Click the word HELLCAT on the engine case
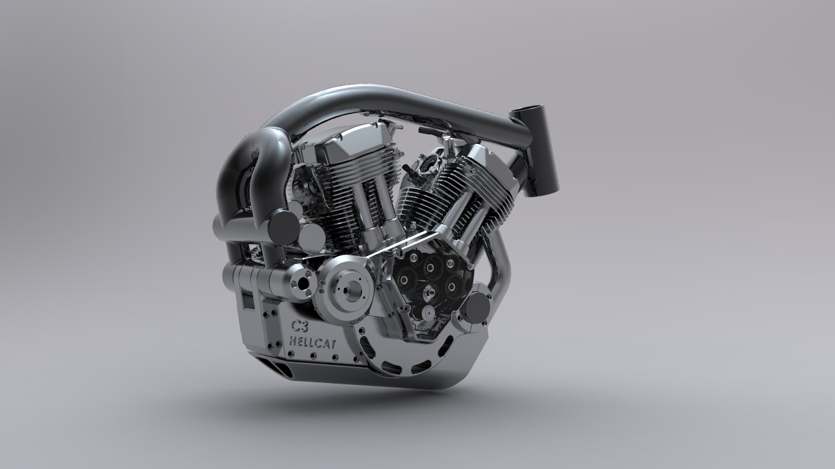click(x=312, y=342)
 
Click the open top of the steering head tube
click(x=526, y=110)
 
